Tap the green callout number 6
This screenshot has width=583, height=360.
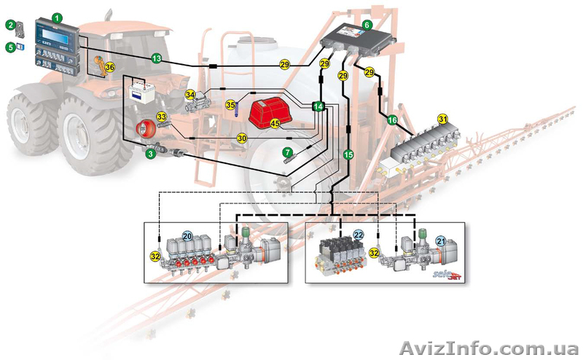pyautogui.click(x=367, y=25)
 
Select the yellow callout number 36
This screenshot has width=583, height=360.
pyautogui.click(x=110, y=67)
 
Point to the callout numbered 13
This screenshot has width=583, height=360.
pyautogui.click(x=156, y=57)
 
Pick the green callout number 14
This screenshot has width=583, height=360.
pyautogui.click(x=318, y=106)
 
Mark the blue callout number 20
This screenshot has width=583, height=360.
pyautogui.click(x=188, y=236)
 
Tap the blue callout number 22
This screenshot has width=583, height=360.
pyautogui.click(x=358, y=235)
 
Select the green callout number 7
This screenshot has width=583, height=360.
pyautogui.click(x=288, y=152)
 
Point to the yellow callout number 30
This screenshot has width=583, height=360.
pyautogui.click(x=241, y=137)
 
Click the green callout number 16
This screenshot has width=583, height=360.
pyautogui.click(x=392, y=120)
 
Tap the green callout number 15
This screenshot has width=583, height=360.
pyautogui.click(x=348, y=154)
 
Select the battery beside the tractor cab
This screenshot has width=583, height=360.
pyautogui.click(x=140, y=93)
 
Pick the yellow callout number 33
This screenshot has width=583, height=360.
pyautogui.click(x=162, y=116)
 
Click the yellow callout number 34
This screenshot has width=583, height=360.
pyautogui.click(x=189, y=94)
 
